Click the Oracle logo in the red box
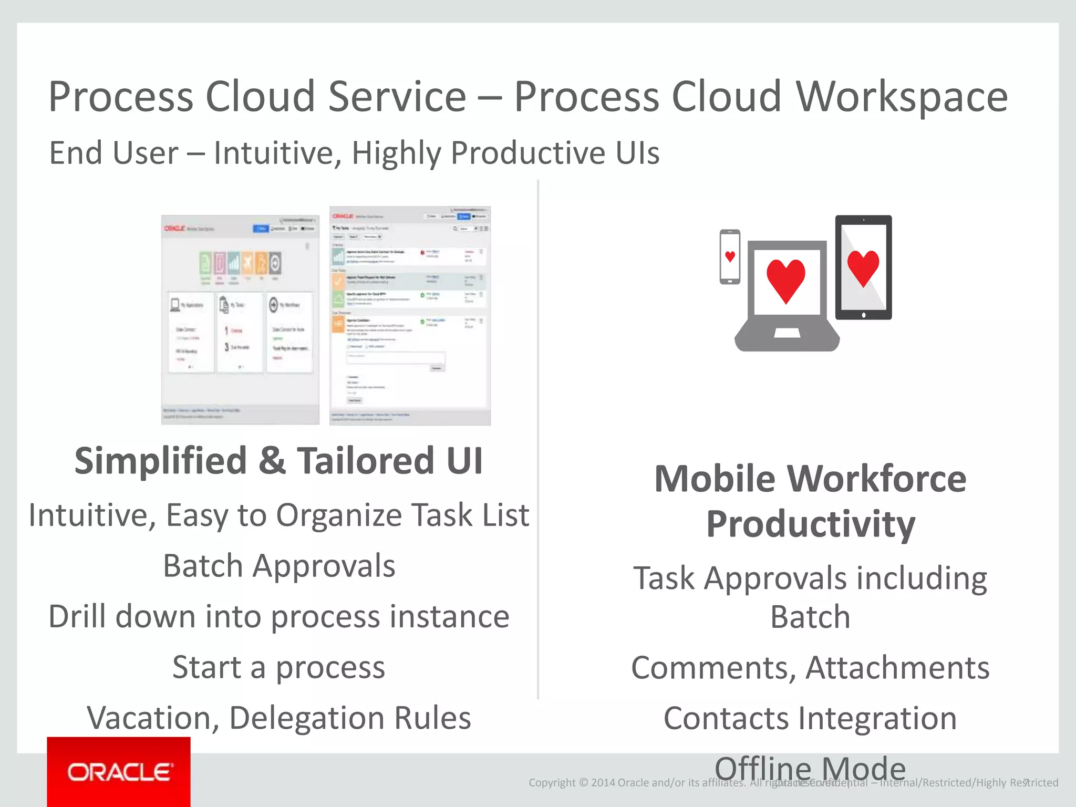[x=119, y=772]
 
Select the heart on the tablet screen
[x=863, y=267]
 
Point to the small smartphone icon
[x=730, y=257]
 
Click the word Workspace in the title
[x=902, y=97]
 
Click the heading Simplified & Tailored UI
[x=278, y=461]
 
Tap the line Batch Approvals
[x=279, y=566]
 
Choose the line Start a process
[x=279, y=667]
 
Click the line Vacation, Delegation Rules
[x=279, y=718]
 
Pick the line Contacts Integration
[x=810, y=718]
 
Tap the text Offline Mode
[x=810, y=768]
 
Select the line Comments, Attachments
[x=810, y=668]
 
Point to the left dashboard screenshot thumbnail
[x=240, y=319]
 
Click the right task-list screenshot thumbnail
[x=410, y=315]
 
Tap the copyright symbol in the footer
[x=583, y=783]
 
